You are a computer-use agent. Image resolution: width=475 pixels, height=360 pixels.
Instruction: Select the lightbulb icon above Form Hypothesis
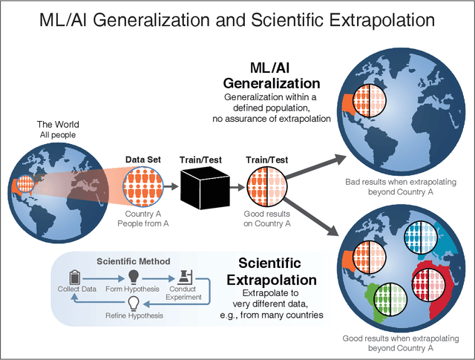[x=134, y=275]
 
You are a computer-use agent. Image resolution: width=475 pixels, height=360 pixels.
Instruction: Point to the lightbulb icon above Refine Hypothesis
[x=134, y=304]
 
